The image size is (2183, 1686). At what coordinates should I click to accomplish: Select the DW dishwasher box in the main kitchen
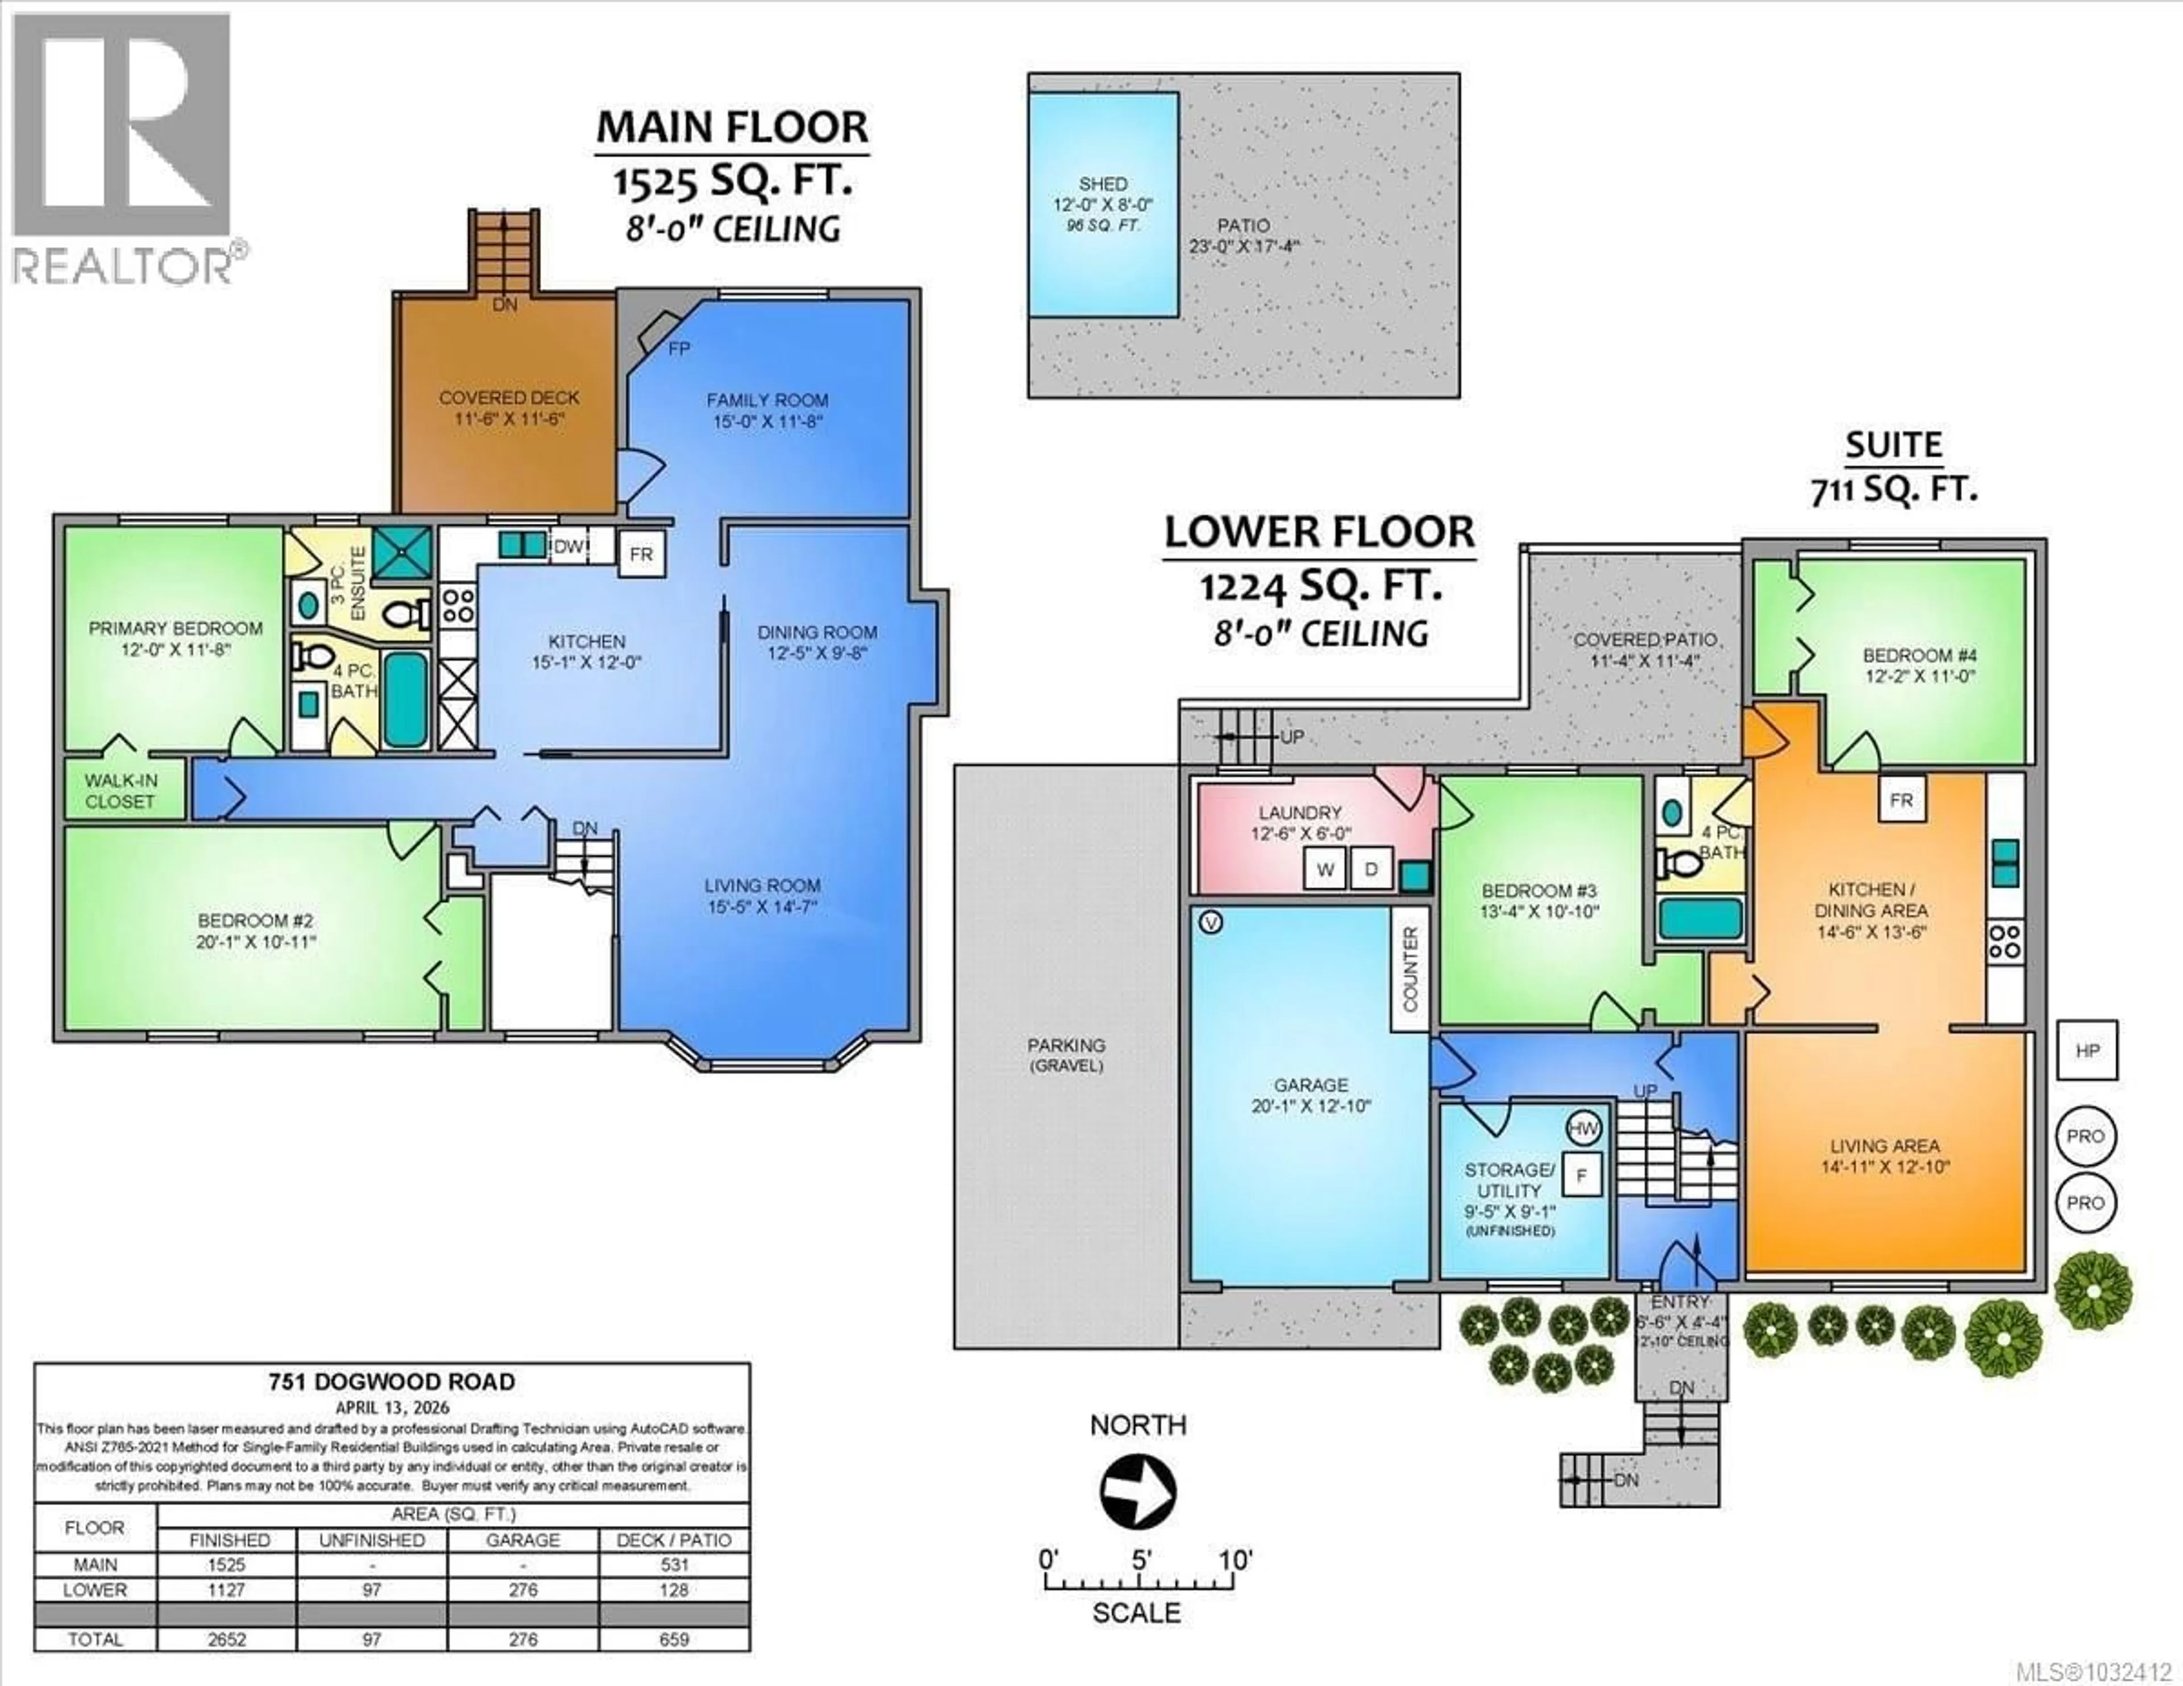coord(568,547)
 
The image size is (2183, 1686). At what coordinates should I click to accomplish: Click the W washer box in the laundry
coord(1325,870)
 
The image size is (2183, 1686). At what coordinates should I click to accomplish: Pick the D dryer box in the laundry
coord(1371,870)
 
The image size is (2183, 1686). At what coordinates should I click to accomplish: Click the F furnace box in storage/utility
coord(1582,1176)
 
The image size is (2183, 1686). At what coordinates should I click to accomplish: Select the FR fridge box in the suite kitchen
coord(1901,800)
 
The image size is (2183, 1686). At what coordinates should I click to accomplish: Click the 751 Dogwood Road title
coord(392,1382)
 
